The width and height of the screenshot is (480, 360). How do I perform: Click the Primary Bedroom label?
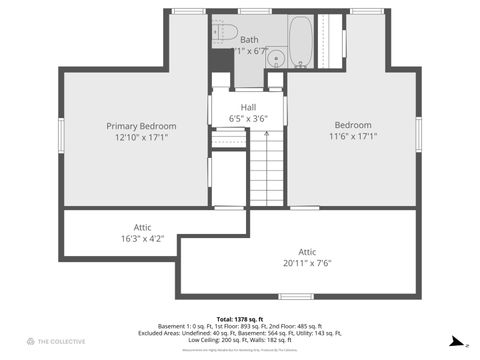coord(141,126)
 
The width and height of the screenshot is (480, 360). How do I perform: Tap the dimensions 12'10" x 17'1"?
coord(141,138)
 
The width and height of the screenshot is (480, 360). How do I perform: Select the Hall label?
coord(248,107)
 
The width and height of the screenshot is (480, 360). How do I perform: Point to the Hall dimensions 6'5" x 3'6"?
coord(248,118)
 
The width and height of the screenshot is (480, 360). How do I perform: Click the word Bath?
coord(248,40)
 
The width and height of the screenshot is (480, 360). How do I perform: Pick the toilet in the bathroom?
coord(224,29)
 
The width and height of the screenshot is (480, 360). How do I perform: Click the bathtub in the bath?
coord(301,41)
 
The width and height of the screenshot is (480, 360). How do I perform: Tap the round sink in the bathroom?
coord(276,57)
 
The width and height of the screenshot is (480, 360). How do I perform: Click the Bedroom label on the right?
coord(352,126)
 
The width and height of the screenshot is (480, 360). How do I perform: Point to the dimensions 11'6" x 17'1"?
coord(352,138)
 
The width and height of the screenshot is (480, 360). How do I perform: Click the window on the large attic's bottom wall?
coord(296,296)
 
